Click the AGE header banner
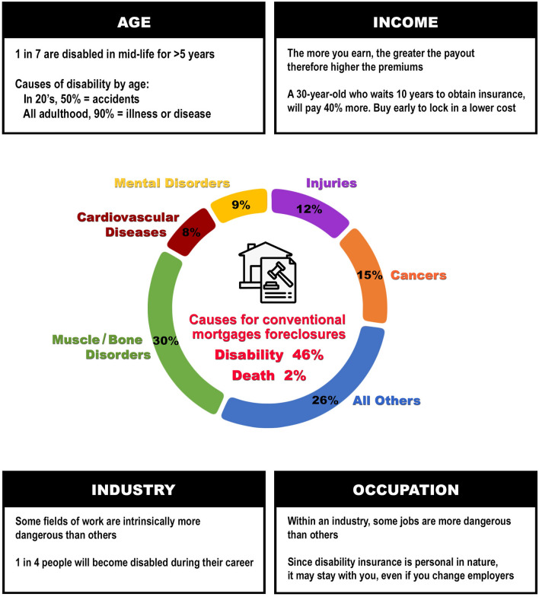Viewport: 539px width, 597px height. pos(134,21)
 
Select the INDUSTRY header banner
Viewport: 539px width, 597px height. pos(134,490)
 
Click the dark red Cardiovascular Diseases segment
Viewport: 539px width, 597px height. pos(189,231)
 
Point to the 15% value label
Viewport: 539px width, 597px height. pos(368,276)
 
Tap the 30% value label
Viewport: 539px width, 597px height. pos(164,340)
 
